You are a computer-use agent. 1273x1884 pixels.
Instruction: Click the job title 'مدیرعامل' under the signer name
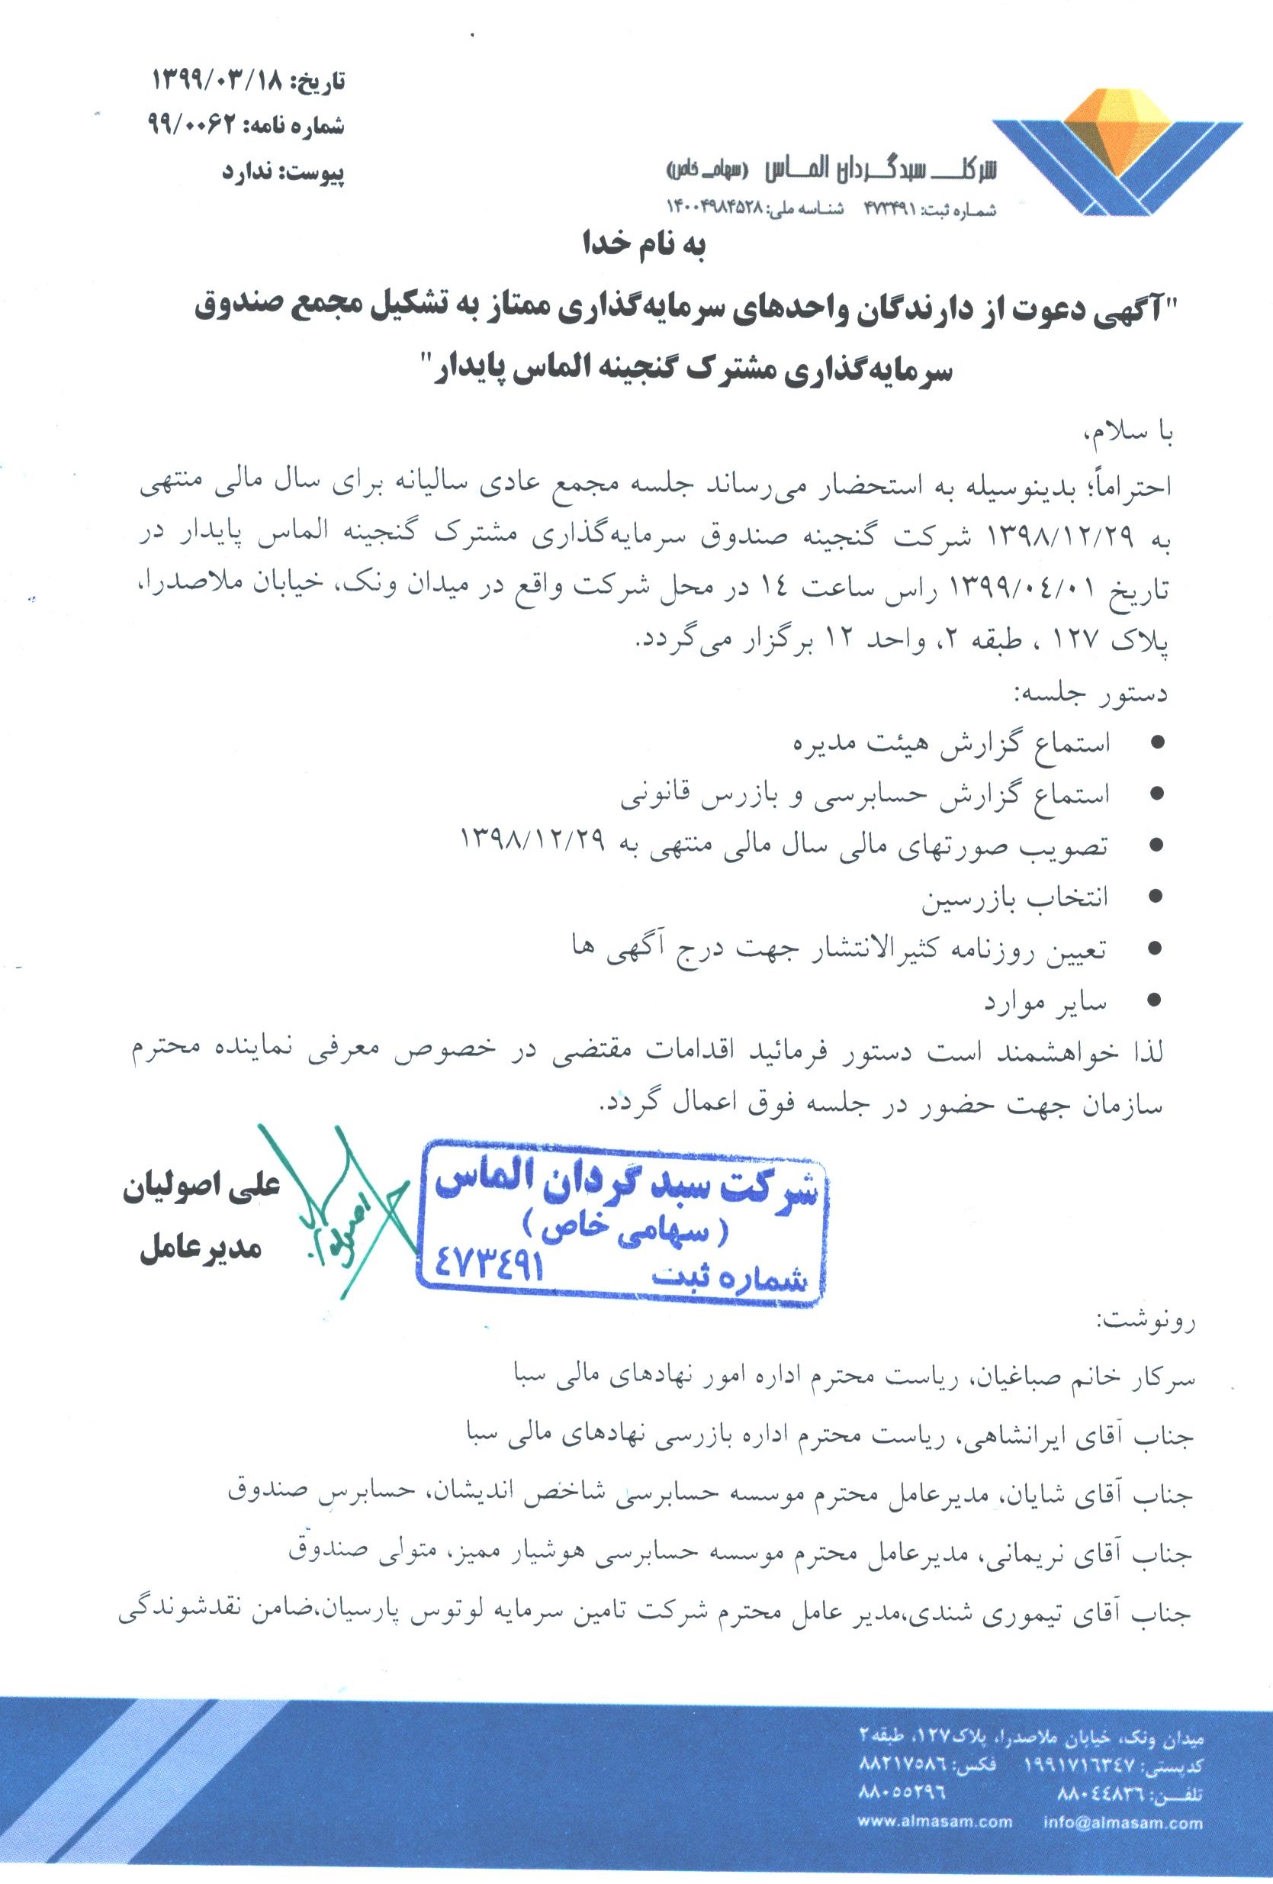coord(200,1249)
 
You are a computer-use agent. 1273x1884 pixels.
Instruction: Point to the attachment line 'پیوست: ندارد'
coord(283,172)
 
